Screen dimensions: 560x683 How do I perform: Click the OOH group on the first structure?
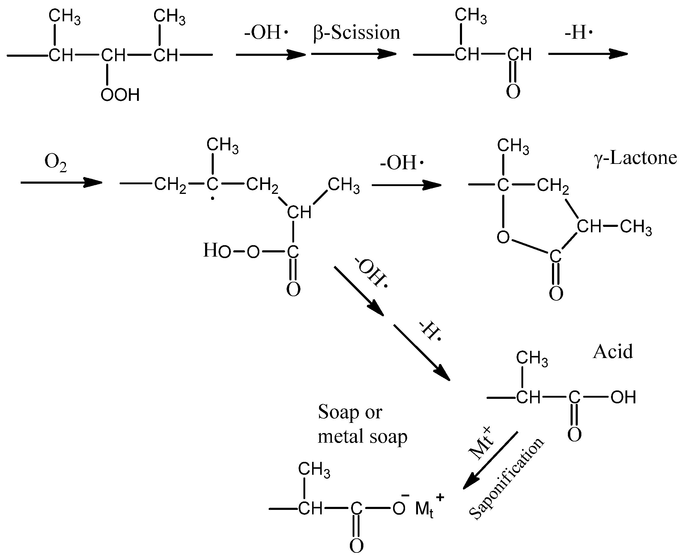pos(120,95)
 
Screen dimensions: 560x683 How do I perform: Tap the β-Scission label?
pos(356,33)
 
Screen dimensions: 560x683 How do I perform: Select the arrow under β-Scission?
pos(353,54)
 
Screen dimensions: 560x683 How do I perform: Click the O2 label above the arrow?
pos(55,162)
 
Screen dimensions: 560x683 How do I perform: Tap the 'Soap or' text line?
pos(350,412)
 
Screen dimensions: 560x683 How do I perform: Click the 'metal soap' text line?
pos(362,436)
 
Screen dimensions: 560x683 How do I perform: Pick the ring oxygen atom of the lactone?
pos(503,237)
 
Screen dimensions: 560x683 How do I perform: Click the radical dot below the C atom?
pos(212,199)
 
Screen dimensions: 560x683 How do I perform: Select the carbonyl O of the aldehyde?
pos(513,91)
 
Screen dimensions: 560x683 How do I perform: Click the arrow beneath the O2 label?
pos(61,182)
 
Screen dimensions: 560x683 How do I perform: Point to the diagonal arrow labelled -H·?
pos(421,353)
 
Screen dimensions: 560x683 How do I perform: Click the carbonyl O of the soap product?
pos(356,546)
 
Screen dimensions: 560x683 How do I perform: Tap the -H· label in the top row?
pos(579,33)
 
